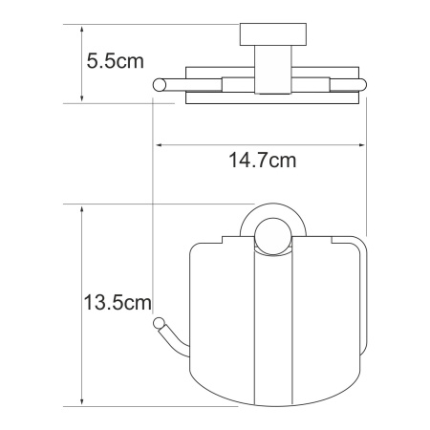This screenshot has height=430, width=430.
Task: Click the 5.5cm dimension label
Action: [x=115, y=61]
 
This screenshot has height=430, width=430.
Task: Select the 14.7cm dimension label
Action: [x=263, y=161]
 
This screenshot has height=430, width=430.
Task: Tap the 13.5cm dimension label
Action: [x=118, y=302]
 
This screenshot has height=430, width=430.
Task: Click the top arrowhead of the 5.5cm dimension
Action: [x=82, y=29]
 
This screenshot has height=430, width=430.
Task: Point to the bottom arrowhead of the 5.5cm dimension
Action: [x=82, y=98]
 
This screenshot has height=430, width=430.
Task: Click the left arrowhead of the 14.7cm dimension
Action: [x=159, y=145]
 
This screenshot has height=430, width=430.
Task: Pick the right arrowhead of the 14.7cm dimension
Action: [x=362, y=145]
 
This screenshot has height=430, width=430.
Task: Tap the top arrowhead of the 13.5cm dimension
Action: [x=82, y=209]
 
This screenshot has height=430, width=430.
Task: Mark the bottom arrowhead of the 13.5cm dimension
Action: [x=82, y=401]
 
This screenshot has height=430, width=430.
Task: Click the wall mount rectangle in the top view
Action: [x=273, y=34]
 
